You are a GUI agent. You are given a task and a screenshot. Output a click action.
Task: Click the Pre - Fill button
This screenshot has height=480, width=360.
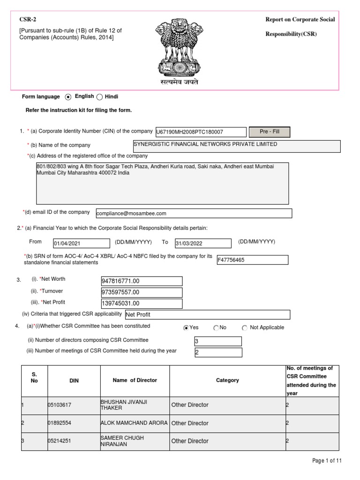coord(269,132)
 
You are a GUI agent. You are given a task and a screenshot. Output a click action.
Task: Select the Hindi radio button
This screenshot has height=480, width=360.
coord(99,97)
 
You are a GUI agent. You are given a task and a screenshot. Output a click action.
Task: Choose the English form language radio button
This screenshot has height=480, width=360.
coord(68,97)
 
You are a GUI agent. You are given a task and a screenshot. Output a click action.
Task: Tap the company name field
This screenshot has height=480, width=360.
coord(237,146)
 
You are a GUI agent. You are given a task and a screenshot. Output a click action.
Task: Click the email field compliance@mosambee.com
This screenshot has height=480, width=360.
coord(194,213)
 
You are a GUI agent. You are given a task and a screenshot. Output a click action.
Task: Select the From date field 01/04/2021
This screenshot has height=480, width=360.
coord(81,243)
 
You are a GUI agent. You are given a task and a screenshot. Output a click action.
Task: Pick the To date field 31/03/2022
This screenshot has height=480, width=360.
coord(202,243)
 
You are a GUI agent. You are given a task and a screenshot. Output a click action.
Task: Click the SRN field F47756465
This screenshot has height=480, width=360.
coord(252,260)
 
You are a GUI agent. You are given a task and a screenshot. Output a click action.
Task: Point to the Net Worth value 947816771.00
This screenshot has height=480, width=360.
coord(142,281)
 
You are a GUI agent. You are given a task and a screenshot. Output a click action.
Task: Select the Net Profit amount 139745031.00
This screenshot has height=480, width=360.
coord(142,304)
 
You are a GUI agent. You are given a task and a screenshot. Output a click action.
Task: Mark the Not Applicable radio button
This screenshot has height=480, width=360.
coord(245,328)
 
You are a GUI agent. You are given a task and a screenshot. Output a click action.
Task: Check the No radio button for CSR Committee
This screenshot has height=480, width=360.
coord(216,328)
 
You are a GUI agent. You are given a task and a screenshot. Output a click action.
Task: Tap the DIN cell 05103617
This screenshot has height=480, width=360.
coord(74,405)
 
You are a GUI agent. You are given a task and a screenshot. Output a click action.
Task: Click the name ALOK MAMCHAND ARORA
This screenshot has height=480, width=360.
coord(135,423)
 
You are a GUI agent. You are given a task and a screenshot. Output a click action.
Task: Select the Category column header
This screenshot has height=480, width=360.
coord(227,380)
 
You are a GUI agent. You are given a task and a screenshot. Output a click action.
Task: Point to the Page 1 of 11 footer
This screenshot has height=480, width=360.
coord(327,461)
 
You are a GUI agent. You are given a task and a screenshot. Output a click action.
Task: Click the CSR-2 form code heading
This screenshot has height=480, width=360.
coord(27,19)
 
